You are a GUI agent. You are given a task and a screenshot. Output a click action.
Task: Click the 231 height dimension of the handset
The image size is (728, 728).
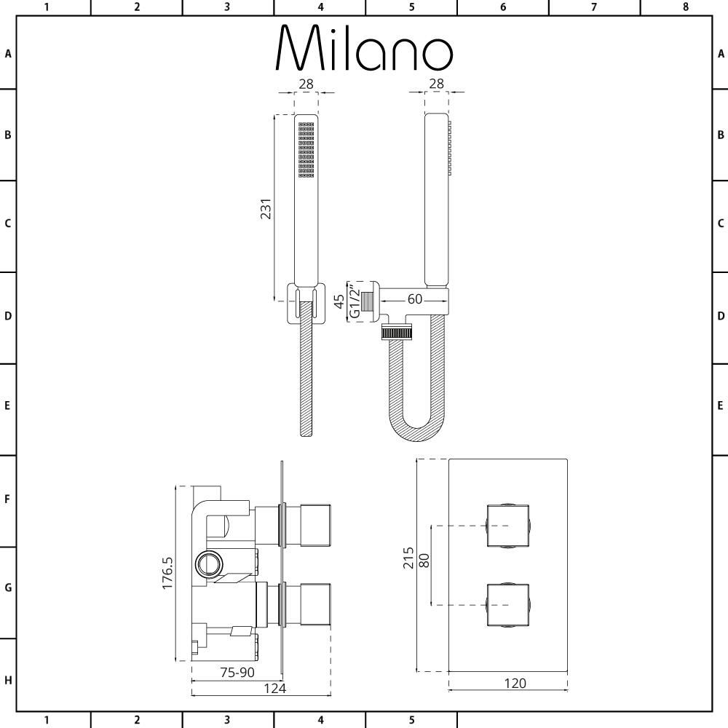click(266, 208)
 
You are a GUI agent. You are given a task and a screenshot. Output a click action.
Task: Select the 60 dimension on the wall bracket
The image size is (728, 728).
click(415, 299)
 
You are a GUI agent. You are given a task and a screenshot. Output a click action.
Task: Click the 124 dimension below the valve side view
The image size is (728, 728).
click(274, 688)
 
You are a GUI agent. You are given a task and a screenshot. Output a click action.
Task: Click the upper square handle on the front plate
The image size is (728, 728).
click(508, 526)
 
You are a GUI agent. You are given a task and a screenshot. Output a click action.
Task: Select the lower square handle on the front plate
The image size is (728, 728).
click(508, 604)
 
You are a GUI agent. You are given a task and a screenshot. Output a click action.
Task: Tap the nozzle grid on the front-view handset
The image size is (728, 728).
click(306, 149)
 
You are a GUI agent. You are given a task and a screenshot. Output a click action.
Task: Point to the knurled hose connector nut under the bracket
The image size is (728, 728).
click(397, 333)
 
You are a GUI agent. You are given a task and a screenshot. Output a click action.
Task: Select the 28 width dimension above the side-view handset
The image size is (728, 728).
click(436, 84)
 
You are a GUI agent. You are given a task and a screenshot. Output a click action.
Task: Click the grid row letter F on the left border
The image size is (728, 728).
click(8, 500)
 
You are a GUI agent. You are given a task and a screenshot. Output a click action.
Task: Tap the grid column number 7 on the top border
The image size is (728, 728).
click(594, 7)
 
